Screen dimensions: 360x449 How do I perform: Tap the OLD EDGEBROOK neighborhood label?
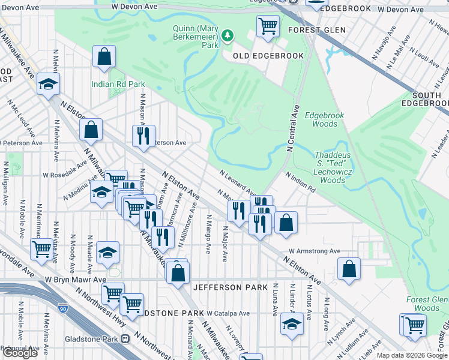[x=264, y=56]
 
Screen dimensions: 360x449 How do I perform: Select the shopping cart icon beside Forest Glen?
[x=268, y=26]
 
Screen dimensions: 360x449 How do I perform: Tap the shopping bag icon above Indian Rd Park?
[x=104, y=57]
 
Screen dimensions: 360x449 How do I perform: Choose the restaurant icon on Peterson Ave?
[x=143, y=136]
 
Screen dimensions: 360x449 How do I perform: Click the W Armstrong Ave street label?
[x=314, y=251]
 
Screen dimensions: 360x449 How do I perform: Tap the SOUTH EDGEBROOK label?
[x=428, y=99]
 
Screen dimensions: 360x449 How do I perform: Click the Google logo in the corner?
[x=20, y=353]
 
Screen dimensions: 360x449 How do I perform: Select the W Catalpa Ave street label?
[x=228, y=313]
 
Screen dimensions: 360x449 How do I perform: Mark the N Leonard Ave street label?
[x=238, y=181]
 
